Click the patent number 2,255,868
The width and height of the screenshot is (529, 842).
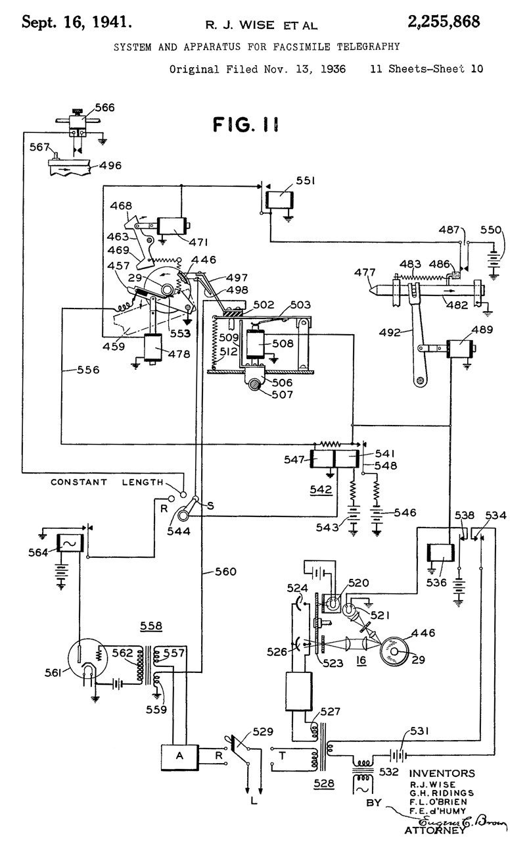(x=444, y=22)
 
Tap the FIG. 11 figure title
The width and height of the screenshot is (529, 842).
(x=246, y=124)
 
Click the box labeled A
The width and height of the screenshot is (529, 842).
(x=180, y=755)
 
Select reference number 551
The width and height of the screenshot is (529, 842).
(x=305, y=181)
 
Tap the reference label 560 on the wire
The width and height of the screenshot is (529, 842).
(x=225, y=572)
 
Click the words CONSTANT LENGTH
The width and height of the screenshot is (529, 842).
(x=107, y=482)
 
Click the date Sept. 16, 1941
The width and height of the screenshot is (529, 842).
(x=77, y=22)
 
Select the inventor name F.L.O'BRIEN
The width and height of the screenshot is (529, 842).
(x=438, y=801)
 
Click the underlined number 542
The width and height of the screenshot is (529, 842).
(x=321, y=489)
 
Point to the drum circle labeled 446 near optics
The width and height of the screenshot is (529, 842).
(x=394, y=651)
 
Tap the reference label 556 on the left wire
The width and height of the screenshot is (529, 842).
(x=88, y=370)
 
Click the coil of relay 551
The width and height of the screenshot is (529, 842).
(x=279, y=199)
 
